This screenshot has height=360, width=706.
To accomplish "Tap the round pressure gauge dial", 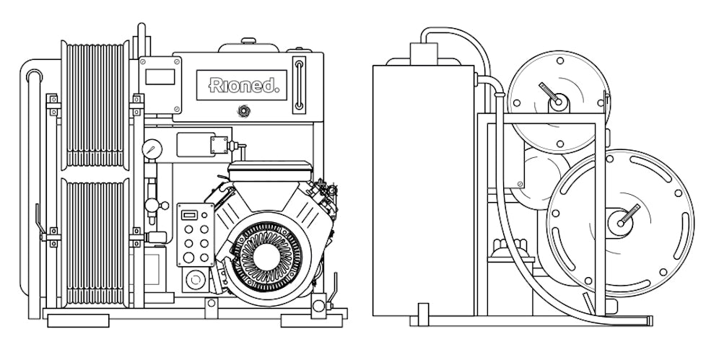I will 152,149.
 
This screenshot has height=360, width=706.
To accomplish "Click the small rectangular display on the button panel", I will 188,215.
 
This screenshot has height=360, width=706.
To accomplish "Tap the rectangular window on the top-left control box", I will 160,76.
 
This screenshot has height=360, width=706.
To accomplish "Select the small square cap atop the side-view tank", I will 423,53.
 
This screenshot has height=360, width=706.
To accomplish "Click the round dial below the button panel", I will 193,278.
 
